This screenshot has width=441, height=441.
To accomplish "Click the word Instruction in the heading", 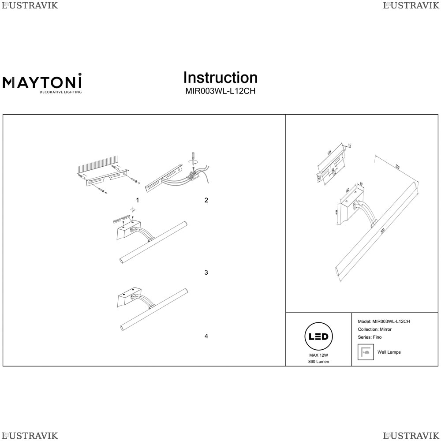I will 220,78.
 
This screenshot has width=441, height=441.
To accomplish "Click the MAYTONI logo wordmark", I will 42,82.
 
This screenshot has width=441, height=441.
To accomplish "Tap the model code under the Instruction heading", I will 220,92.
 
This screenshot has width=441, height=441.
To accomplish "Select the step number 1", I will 138,200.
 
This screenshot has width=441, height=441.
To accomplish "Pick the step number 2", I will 206,200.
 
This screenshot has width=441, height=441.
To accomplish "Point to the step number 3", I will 206,273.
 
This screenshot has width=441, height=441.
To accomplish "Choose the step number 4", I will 206,336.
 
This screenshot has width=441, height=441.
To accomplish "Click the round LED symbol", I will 318,337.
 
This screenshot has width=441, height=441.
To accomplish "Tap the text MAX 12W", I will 318,355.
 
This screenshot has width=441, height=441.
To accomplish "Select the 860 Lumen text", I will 318,362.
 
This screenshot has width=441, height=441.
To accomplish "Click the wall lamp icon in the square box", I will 365,352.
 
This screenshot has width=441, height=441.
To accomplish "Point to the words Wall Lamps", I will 389,352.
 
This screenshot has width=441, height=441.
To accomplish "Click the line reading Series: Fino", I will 370,337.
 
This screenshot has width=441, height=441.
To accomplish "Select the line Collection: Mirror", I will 375,329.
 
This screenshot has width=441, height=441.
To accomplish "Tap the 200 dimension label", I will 397,167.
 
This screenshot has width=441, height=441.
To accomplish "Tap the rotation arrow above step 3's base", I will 132,209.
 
